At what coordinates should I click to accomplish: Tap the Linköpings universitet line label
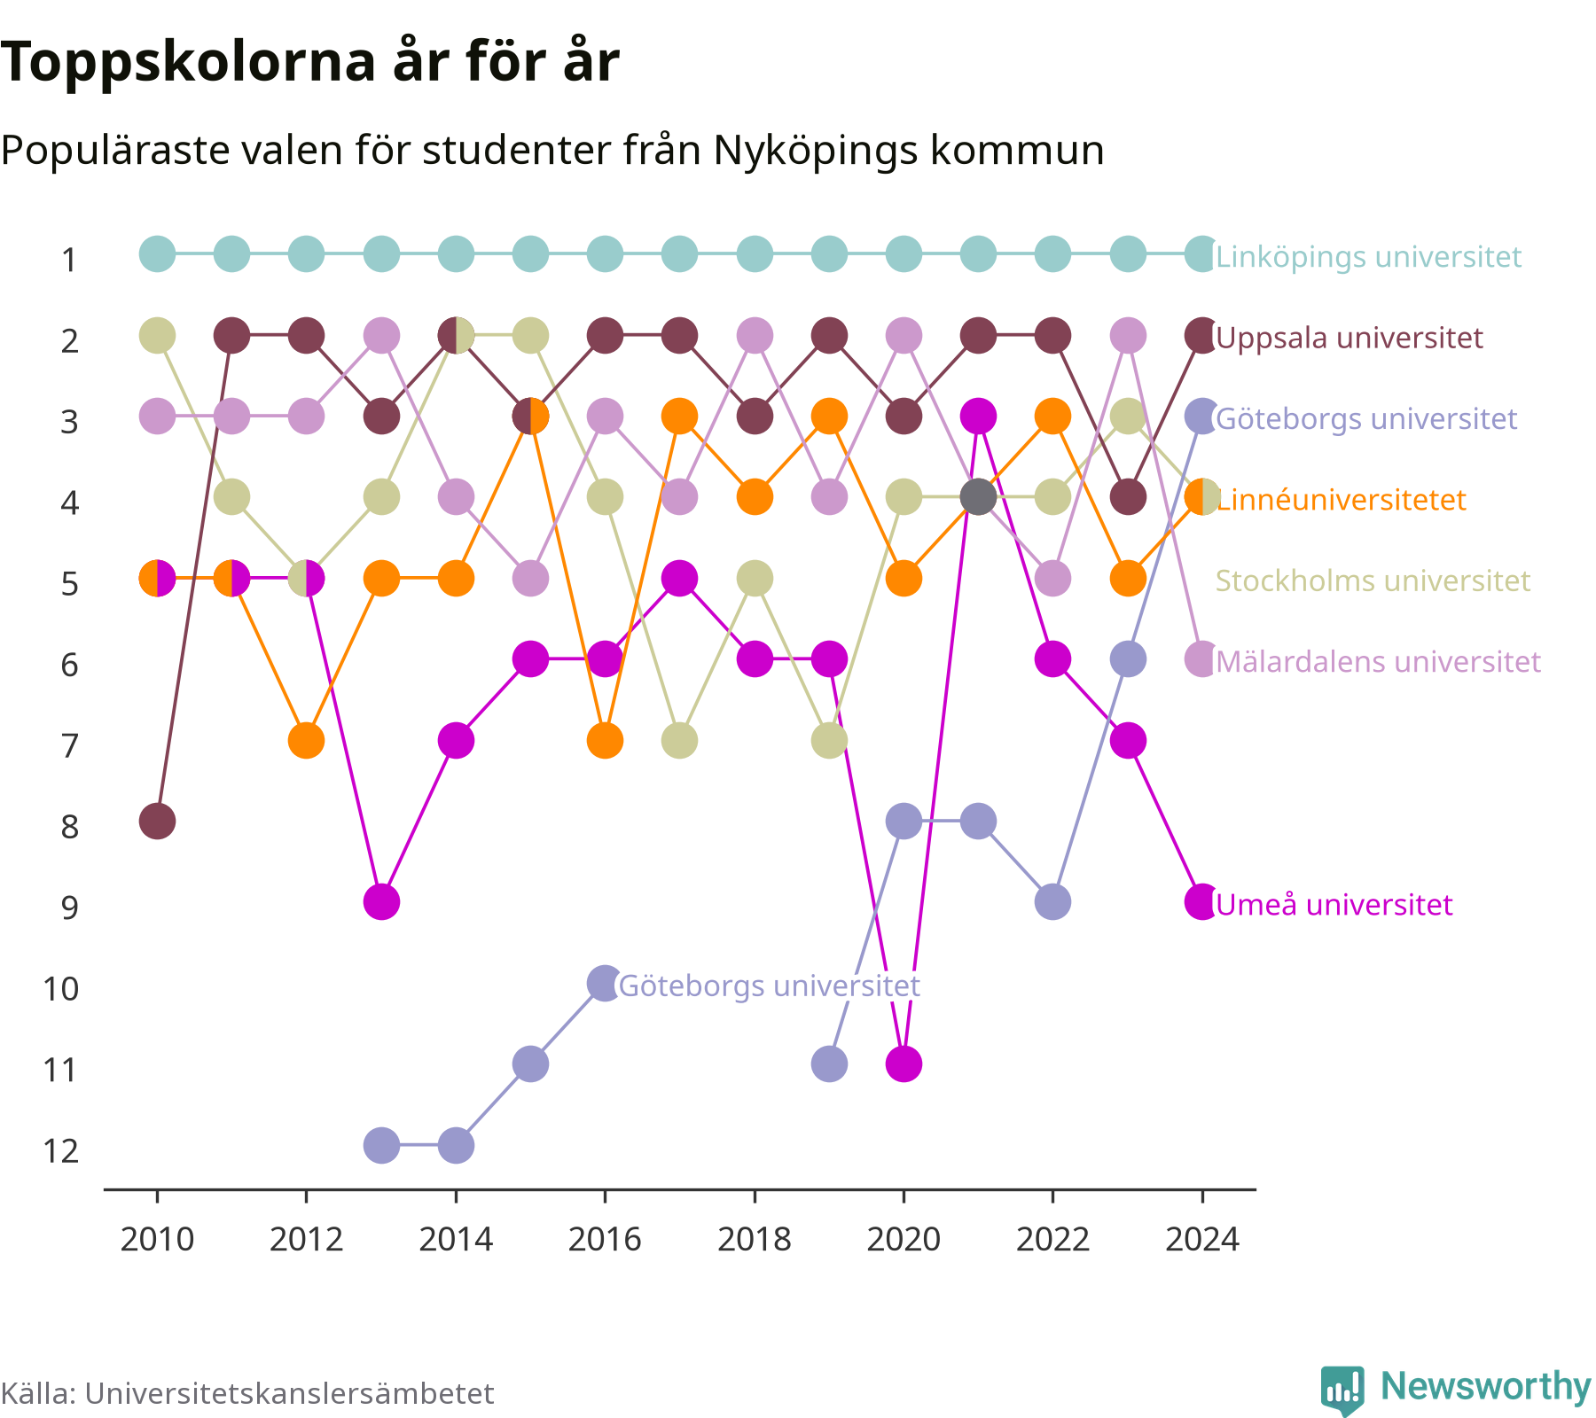[x=1368, y=257]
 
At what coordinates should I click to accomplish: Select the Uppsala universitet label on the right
[x=1350, y=338]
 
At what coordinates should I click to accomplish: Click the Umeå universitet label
[x=1334, y=905]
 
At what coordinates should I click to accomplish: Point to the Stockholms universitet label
[x=1373, y=580]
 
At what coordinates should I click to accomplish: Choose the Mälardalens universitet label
[x=1379, y=661]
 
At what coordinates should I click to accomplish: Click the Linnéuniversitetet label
[x=1342, y=500]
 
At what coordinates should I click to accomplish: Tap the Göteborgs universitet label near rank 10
[x=769, y=986]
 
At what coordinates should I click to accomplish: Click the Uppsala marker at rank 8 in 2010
[x=157, y=822]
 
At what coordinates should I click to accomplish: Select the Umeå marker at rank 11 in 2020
[x=904, y=1063]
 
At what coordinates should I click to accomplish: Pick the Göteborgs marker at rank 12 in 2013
[x=381, y=1145]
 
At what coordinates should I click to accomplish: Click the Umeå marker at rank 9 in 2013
[x=381, y=902]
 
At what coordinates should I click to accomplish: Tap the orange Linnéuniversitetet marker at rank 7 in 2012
[x=307, y=740]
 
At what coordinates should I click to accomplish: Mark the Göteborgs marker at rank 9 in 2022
[x=1052, y=902]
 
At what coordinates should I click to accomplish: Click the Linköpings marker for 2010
[x=157, y=254]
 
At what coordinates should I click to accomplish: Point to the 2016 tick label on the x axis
[x=605, y=1238]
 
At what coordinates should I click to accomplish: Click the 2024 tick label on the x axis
[x=1202, y=1238]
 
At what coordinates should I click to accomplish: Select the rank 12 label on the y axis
[x=61, y=1150]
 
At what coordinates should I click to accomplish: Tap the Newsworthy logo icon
[x=1342, y=1390]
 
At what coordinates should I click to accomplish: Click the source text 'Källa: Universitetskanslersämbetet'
[x=247, y=1393]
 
